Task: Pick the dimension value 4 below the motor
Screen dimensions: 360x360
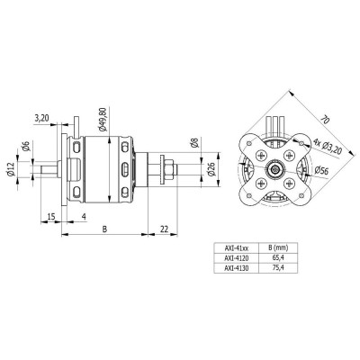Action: tap(84, 216)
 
